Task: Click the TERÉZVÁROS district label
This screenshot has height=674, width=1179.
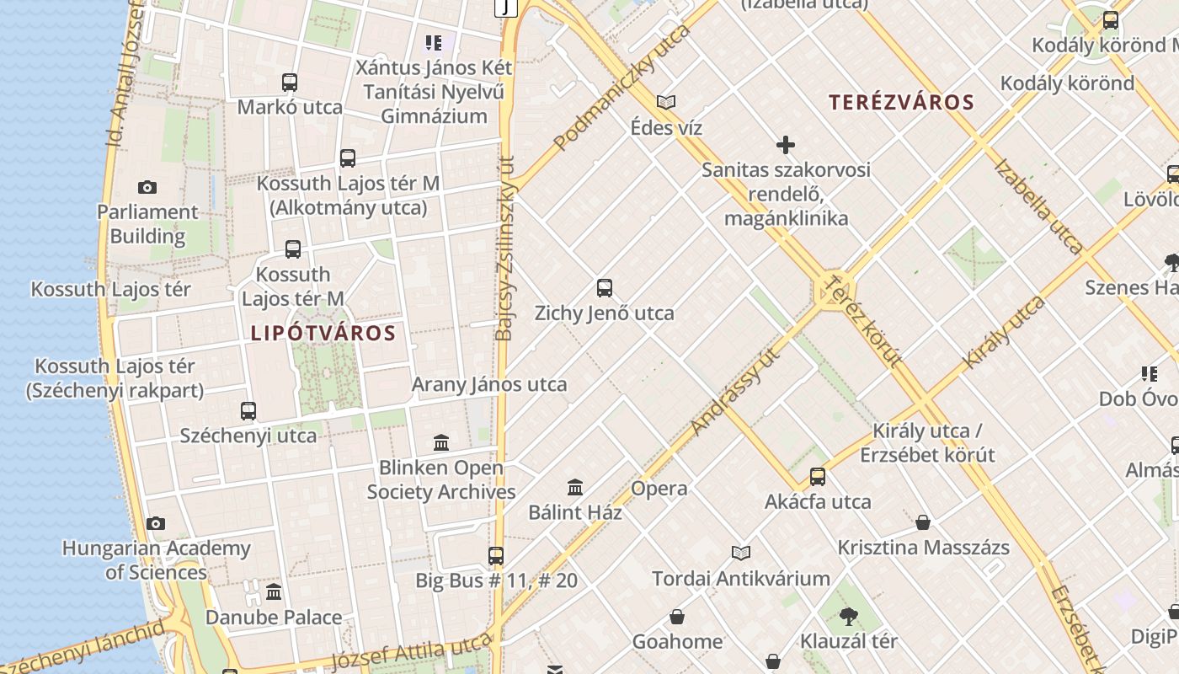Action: pyautogui.click(x=901, y=103)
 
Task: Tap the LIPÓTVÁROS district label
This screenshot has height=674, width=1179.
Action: pyautogui.click(x=323, y=333)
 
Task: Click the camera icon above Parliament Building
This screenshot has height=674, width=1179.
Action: pyautogui.click(x=147, y=187)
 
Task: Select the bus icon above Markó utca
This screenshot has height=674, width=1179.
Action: pyautogui.click(x=290, y=83)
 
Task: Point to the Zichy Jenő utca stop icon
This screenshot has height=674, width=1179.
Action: pyautogui.click(x=604, y=288)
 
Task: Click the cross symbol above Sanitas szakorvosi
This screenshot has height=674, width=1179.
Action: pyautogui.click(x=786, y=145)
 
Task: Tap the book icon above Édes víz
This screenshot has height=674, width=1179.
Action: pyautogui.click(x=666, y=103)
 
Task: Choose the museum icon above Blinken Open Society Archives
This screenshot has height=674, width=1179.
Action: pyautogui.click(x=440, y=443)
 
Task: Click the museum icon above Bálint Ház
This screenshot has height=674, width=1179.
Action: pyautogui.click(x=575, y=487)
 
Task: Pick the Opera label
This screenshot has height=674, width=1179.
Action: pyautogui.click(x=659, y=489)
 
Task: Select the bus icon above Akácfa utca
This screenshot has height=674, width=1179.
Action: pyautogui.click(x=817, y=477)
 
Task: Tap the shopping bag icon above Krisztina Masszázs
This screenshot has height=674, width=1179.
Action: pyautogui.click(x=923, y=522)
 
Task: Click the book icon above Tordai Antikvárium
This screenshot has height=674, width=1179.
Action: pyautogui.click(x=741, y=554)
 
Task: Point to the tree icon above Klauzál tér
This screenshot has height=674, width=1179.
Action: pyautogui.click(x=848, y=617)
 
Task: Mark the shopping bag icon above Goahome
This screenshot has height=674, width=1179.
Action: pyautogui.click(x=677, y=618)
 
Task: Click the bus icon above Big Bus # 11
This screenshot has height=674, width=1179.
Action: pyautogui.click(x=496, y=556)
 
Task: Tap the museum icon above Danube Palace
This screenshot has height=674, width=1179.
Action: pyautogui.click(x=274, y=592)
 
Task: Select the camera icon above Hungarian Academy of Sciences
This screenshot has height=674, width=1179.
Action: pyautogui.click(x=156, y=524)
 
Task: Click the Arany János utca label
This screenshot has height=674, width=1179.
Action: pyautogui.click(x=489, y=385)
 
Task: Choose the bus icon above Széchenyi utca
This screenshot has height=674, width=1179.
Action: pyautogui.click(x=248, y=411)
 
